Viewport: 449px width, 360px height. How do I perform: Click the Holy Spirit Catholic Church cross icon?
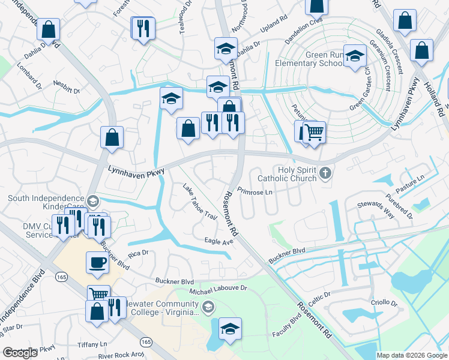[325, 173]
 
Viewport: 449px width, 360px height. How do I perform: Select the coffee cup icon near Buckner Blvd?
[98, 262]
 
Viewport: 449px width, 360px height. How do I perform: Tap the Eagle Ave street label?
[218, 241]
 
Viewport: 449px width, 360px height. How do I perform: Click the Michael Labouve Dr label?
[218, 289]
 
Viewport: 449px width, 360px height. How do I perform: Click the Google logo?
[20, 353]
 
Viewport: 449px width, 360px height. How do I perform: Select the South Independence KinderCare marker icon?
[92, 201]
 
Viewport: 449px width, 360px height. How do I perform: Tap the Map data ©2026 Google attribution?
[411, 355]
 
